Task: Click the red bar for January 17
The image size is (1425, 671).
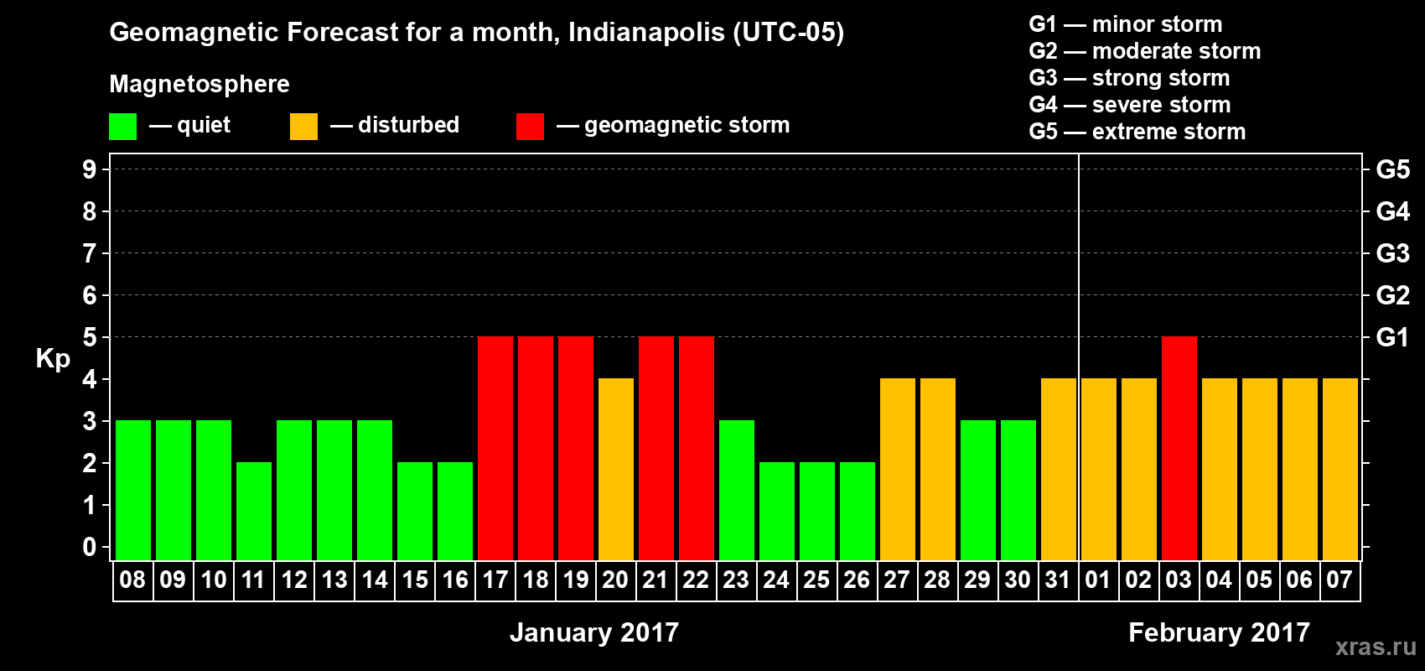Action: click(x=495, y=448)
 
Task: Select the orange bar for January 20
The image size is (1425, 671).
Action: click(x=616, y=469)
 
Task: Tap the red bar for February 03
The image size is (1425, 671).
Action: click(x=1179, y=448)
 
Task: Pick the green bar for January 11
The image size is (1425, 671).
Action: click(x=254, y=511)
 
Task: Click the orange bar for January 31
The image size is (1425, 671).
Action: click(x=1059, y=469)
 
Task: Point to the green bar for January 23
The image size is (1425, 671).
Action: click(x=737, y=490)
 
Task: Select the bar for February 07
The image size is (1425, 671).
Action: click(x=1340, y=469)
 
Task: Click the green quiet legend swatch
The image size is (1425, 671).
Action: click(x=123, y=127)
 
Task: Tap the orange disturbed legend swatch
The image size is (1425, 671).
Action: click(x=303, y=127)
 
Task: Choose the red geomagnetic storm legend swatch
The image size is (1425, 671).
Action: click(x=530, y=127)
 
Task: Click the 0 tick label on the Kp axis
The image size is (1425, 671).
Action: click(x=90, y=547)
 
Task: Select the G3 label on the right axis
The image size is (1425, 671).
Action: click(x=1392, y=253)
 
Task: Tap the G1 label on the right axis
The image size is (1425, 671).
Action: click(x=1392, y=337)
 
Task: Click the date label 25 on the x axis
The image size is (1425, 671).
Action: click(x=816, y=580)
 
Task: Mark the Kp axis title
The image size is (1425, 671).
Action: click(x=53, y=358)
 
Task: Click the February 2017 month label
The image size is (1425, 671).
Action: click(x=1219, y=632)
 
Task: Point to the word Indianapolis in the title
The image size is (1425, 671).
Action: click(x=646, y=33)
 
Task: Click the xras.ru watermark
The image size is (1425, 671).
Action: click(x=1376, y=647)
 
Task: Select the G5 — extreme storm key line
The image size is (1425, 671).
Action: click(x=1137, y=132)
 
